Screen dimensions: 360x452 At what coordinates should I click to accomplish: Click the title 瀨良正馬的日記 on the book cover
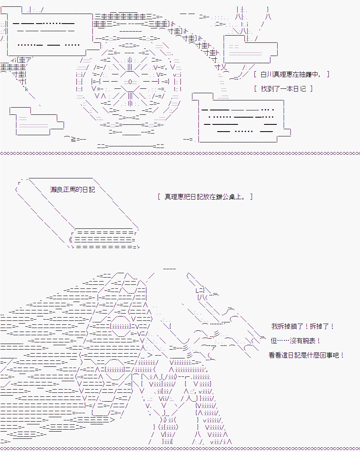[x=72, y=189]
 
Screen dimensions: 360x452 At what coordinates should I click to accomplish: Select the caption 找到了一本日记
[x=283, y=89]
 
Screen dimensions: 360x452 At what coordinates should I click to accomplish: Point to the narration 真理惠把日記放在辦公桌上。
[x=205, y=196]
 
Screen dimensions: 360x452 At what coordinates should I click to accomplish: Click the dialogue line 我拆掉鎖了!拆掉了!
[x=303, y=326]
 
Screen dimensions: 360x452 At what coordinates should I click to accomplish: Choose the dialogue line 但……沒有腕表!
[x=296, y=341]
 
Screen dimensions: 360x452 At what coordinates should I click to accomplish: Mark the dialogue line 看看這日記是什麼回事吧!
[x=306, y=355]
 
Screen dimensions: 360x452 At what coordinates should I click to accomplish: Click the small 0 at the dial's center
[x=130, y=82]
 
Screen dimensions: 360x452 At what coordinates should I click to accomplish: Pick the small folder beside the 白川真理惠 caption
[x=250, y=49]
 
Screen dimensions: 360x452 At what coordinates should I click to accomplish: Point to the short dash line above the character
[x=170, y=269]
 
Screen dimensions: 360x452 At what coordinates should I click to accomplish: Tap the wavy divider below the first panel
[x=180, y=153]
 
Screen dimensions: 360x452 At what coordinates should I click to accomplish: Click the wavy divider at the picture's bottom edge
[x=180, y=448]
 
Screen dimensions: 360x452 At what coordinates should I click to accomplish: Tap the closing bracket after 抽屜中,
[x=328, y=74]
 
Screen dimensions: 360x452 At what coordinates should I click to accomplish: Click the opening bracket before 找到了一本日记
[x=255, y=89]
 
